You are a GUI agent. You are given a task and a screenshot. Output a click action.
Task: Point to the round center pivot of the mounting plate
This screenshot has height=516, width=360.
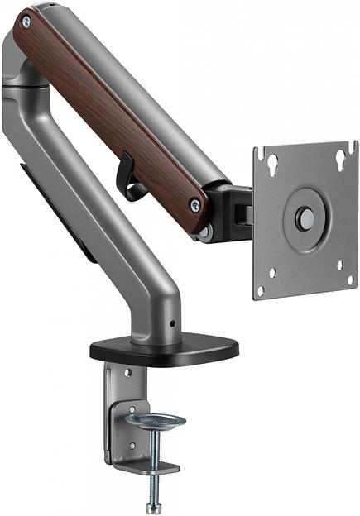[x=305, y=218]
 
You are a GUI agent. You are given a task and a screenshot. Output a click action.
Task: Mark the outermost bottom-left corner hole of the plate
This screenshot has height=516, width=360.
[x=261, y=290]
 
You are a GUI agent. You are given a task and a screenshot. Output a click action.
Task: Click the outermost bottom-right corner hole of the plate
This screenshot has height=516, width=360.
[x=351, y=279]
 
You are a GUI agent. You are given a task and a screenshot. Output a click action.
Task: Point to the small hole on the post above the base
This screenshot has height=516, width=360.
[x=172, y=322]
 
